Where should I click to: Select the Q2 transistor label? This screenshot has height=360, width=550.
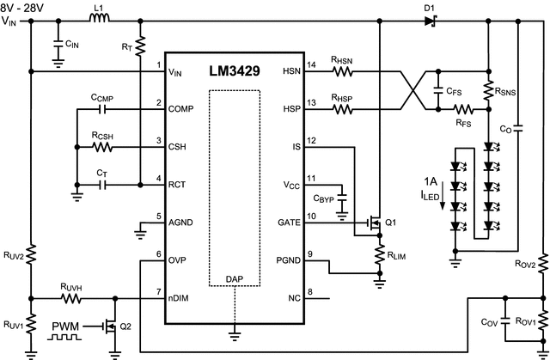125,326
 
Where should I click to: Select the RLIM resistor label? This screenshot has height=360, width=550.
400,256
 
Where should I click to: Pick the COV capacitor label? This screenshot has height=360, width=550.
490,322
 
